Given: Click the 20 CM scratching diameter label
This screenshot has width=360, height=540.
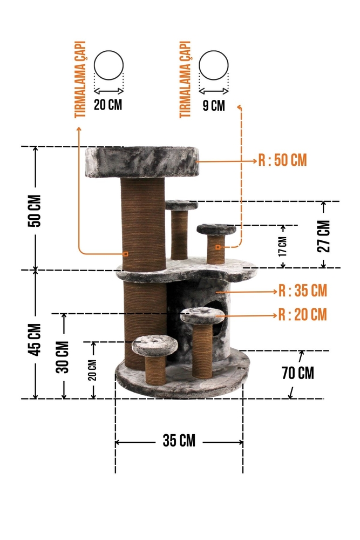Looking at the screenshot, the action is coord(108,104).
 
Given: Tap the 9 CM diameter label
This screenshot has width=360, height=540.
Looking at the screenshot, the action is coord(214,105).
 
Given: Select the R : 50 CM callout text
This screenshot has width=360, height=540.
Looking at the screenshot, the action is coord(283,160).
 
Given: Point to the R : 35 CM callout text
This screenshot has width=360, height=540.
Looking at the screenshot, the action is coord(303,291).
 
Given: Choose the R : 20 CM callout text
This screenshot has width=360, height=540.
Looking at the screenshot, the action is coord(303,314).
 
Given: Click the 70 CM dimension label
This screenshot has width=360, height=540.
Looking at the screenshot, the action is coord(298,373).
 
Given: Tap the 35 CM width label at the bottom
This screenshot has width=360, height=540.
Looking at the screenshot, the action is coord(179,441).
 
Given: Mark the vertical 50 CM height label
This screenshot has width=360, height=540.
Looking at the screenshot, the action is coord(35,211).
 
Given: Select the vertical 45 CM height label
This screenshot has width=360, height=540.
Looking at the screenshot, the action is coord(35,340).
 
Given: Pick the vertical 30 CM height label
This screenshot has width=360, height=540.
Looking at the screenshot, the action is coord(62,357).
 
